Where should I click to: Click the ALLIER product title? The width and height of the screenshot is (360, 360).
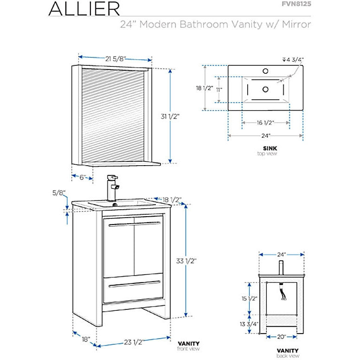[x=84, y=8]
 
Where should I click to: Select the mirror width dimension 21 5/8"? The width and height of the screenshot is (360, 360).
[x=115, y=58]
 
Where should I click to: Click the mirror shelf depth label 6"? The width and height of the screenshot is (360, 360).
[x=82, y=177]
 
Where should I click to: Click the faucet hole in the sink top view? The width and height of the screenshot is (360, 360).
[x=266, y=71]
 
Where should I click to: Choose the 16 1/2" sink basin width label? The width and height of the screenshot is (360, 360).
[x=265, y=123]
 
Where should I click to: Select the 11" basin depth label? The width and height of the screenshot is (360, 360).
[x=219, y=89]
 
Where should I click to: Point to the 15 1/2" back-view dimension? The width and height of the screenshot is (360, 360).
[x=250, y=299]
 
